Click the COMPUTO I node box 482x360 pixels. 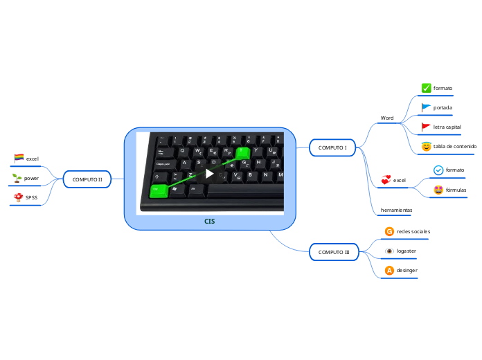click(332, 147)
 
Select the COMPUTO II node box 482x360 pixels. click(87, 179)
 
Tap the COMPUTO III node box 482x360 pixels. click(334, 252)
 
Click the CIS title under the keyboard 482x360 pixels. click(209, 222)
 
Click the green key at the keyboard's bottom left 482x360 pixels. click(159, 189)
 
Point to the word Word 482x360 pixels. click(387, 118)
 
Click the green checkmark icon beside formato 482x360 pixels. click(427, 88)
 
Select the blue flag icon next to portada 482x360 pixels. click(427, 107)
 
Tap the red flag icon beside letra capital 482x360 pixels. click(427, 127)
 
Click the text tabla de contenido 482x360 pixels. click(454, 146)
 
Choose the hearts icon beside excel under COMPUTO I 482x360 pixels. click(386, 180)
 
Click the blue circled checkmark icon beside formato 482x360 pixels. click(438, 170)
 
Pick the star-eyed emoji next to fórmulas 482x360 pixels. click(438, 190)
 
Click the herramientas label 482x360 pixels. click(397, 209)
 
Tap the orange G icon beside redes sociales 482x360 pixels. click(389, 231)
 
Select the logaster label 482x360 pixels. click(407, 250)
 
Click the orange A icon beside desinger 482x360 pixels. click(389, 269)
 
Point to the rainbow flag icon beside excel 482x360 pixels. click(19, 158)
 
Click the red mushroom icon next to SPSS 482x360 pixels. click(18, 197)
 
